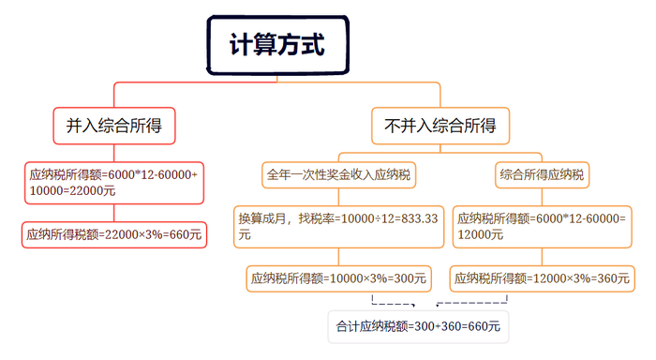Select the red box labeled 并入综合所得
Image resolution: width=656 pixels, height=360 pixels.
tap(114, 126)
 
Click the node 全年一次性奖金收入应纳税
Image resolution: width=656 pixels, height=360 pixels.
tap(339, 175)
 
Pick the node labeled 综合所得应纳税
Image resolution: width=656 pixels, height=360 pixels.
tap(542, 175)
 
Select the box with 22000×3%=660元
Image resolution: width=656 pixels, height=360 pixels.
tap(114, 234)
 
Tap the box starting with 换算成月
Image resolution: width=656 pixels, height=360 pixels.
tap(339, 226)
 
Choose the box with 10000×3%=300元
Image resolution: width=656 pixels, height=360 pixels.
tap(339, 277)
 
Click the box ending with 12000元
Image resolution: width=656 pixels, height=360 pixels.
tap(541, 226)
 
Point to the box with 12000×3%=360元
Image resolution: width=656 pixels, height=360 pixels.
tap(541, 277)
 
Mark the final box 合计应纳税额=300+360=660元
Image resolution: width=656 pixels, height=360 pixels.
tap(417, 327)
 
